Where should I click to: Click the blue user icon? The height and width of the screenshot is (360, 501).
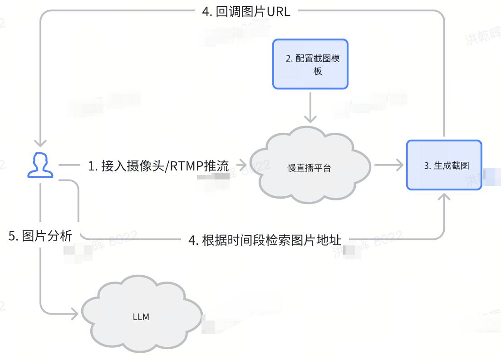click(40, 165)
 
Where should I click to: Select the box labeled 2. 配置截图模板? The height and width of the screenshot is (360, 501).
click(310, 64)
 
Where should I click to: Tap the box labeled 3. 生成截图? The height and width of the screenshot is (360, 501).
click(443, 165)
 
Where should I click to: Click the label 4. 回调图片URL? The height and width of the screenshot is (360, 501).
click(246, 11)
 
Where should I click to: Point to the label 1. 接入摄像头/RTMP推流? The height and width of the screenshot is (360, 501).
click(158, 166)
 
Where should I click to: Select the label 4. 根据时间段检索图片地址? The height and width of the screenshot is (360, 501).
click(265, 239)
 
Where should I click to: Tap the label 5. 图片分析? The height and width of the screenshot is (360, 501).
click(40, 236)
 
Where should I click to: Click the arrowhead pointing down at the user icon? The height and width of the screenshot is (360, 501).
click(40, 142)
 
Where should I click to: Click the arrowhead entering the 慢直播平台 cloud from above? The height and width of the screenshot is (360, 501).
click(310, 119)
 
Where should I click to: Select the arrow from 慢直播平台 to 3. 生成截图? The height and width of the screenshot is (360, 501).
click(388, 165)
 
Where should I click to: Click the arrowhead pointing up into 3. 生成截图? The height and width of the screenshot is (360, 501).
click(444, 198)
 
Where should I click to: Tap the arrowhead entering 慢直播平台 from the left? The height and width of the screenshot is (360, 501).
click(241, 165)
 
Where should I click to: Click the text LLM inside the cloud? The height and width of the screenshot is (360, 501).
click(141, 317)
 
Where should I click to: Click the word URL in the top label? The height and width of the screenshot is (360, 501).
click(278, 11)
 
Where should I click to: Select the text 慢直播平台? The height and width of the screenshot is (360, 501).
click(309, 168)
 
